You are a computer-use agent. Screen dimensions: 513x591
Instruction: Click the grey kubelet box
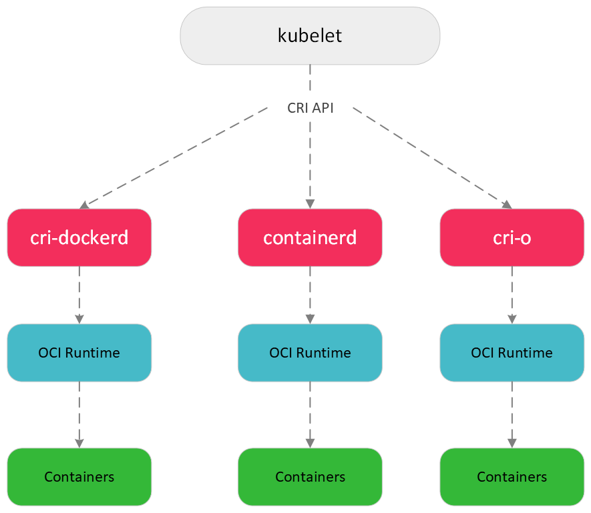pos(310,36)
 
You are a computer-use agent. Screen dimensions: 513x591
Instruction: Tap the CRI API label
pos(310,108)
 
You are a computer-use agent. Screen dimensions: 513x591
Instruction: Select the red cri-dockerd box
pos(79,237)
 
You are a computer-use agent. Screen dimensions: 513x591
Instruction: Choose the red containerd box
pos(310,237)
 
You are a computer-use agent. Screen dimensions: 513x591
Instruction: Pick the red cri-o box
pos(512,237)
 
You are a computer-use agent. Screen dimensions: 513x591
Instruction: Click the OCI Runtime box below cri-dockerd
pos(79,353)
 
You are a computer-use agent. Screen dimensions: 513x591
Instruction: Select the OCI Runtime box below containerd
pos(310,353)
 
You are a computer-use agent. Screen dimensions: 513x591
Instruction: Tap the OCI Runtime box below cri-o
pos(512,353)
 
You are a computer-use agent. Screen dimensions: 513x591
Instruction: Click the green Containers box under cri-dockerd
pos(79,477)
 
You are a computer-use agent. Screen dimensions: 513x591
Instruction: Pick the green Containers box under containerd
pos(310,477)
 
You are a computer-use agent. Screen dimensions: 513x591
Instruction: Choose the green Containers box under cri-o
pos(512,477)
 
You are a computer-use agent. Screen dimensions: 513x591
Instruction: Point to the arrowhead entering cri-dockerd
pos(85,205)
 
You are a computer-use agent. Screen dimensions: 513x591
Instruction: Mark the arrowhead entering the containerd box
pos(310,205)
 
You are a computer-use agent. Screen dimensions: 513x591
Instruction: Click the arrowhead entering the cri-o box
pos(507,205)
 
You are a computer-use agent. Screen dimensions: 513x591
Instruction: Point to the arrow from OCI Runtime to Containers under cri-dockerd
pos(79,414)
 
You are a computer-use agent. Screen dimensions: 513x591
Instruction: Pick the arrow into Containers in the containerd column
pos(310,414)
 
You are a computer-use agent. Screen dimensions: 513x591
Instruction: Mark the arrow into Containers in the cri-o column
pos(512,414)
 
